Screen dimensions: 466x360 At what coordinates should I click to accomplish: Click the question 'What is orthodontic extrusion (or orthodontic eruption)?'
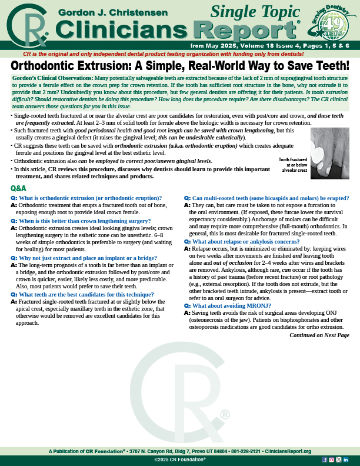[90, 198]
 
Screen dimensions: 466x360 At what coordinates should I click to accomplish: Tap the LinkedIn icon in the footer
[346, 459]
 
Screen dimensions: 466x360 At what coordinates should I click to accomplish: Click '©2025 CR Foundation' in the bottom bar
[179, 459]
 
